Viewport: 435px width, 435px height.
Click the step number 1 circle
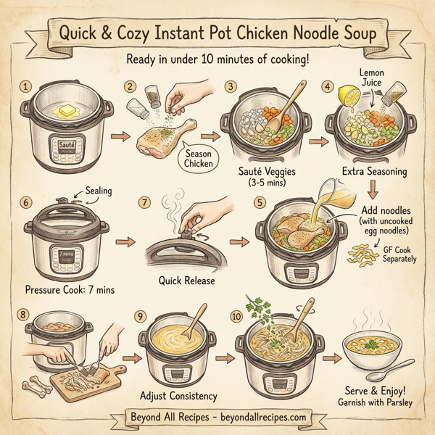pyautogui.click(x=27, y=86)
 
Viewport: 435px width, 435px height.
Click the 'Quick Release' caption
pyautogui.click(x=186, y=281)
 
